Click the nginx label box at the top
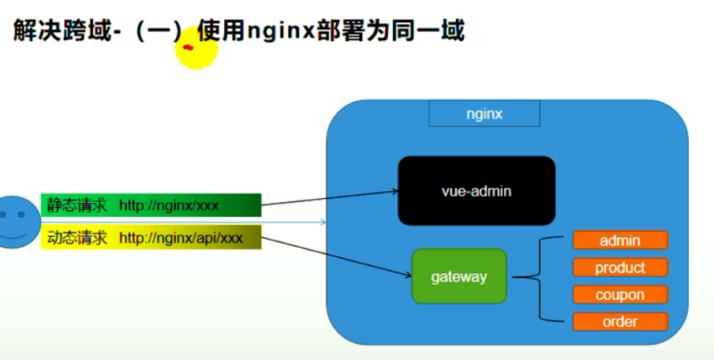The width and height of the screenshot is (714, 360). click(x=484, y=114)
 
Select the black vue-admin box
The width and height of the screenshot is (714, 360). click(x=476, y=191)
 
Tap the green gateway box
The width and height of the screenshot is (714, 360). click(x=458, y=276)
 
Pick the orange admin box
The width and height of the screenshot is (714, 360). click(x=619, y=240)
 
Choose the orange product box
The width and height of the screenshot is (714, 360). click(x=619, y=268)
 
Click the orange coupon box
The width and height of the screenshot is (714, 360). click(x=619, y=294)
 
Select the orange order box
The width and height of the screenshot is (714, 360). click(x=619, y=321)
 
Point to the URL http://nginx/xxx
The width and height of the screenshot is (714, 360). click(x=168, y=206)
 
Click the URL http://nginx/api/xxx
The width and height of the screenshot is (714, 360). click(x=181, y=238)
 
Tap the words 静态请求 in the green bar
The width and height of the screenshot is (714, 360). click(x=77, y=206)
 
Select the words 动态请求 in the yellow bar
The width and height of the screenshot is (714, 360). click(x=77, y=238)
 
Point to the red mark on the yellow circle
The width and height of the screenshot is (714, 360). click(x=188, y=48)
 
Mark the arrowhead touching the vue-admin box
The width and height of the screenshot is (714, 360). click(x=394, y=190)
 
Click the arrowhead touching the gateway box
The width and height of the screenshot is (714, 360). click(x=408, y=276)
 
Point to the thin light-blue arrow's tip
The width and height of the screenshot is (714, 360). click(x=324, y=223)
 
